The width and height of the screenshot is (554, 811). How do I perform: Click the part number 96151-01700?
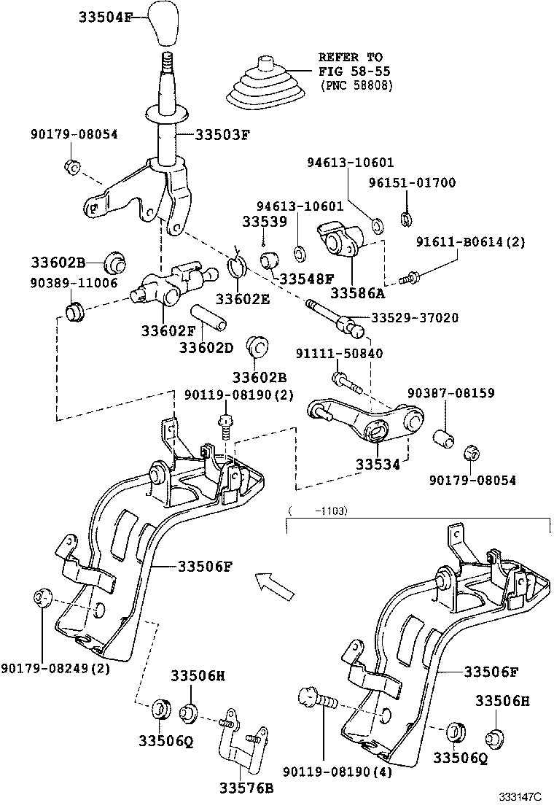point(421,183)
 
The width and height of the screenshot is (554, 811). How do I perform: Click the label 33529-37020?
point(415,318)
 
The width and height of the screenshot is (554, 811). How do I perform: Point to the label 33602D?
point(206,347)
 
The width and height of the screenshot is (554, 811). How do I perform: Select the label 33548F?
point(306,279)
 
